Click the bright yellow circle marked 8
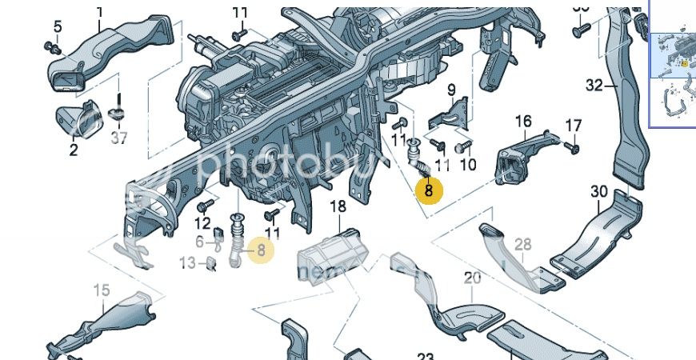pos(429,190)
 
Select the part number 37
pos(119,138)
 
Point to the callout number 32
pos(594,85)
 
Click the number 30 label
pos(599,192)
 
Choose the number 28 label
pos(523,243)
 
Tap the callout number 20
pos(473,278)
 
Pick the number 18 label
pos(338,206)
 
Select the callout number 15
pos(102,290)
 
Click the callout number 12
pos(202,223)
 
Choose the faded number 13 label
pos(187,262)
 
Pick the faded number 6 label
pos(200,241)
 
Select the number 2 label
pos(73,149)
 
